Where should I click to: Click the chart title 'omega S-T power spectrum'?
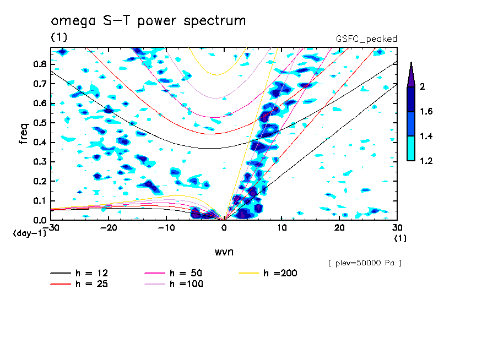click(x=148, y=21)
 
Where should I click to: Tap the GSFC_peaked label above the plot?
click(x=366, y=39)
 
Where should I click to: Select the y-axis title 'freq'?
click(x=23, y=134)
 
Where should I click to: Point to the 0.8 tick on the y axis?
click(x=40, y=64)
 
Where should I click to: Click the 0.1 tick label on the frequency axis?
click(x=40, y=201)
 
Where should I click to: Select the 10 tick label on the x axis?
click(x=282, y=227)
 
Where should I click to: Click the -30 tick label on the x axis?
click(x=51, y=227)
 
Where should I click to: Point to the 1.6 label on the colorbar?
click(x=426, y=112)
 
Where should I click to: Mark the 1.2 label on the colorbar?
click(x=426, y=161)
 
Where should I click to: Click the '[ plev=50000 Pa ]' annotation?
click(x=365, y=263)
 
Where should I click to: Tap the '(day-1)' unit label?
click(x=29, y=233)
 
